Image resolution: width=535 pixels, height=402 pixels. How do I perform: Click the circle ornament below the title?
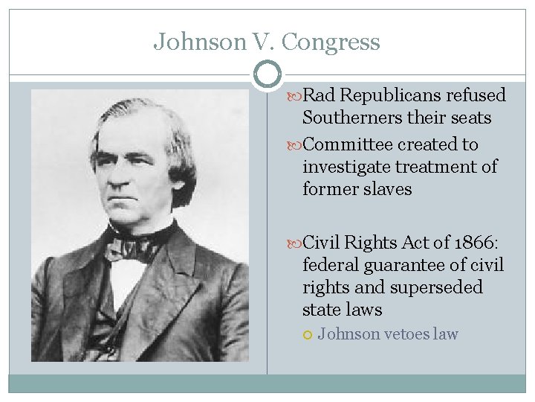pyautogui.click(x=267, y=74)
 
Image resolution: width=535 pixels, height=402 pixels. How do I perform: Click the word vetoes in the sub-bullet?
pyautogui.click(x=409, y=334)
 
